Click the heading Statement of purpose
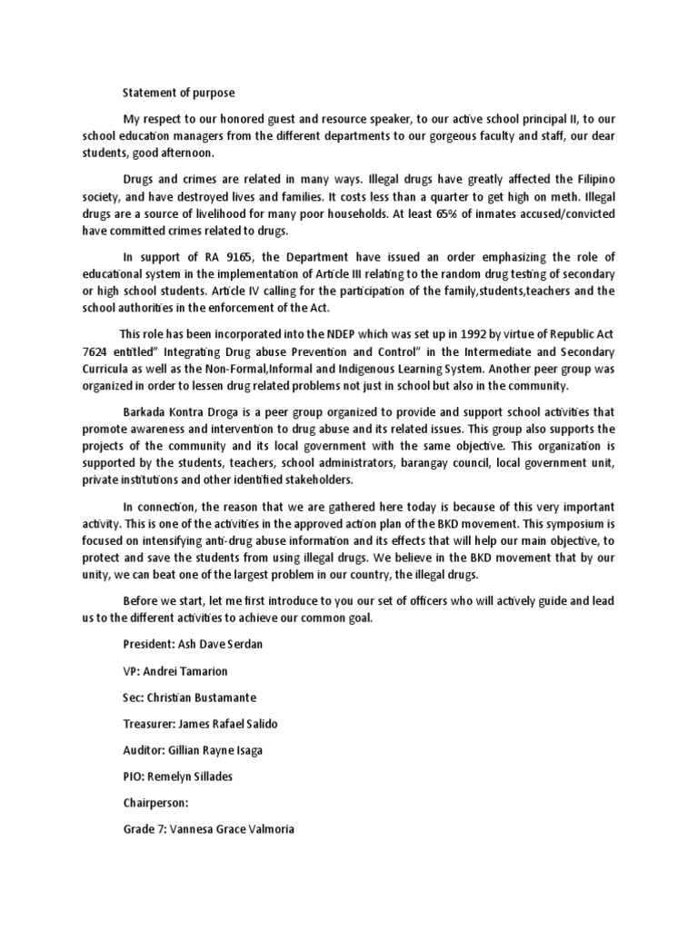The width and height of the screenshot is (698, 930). point(178,92)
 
